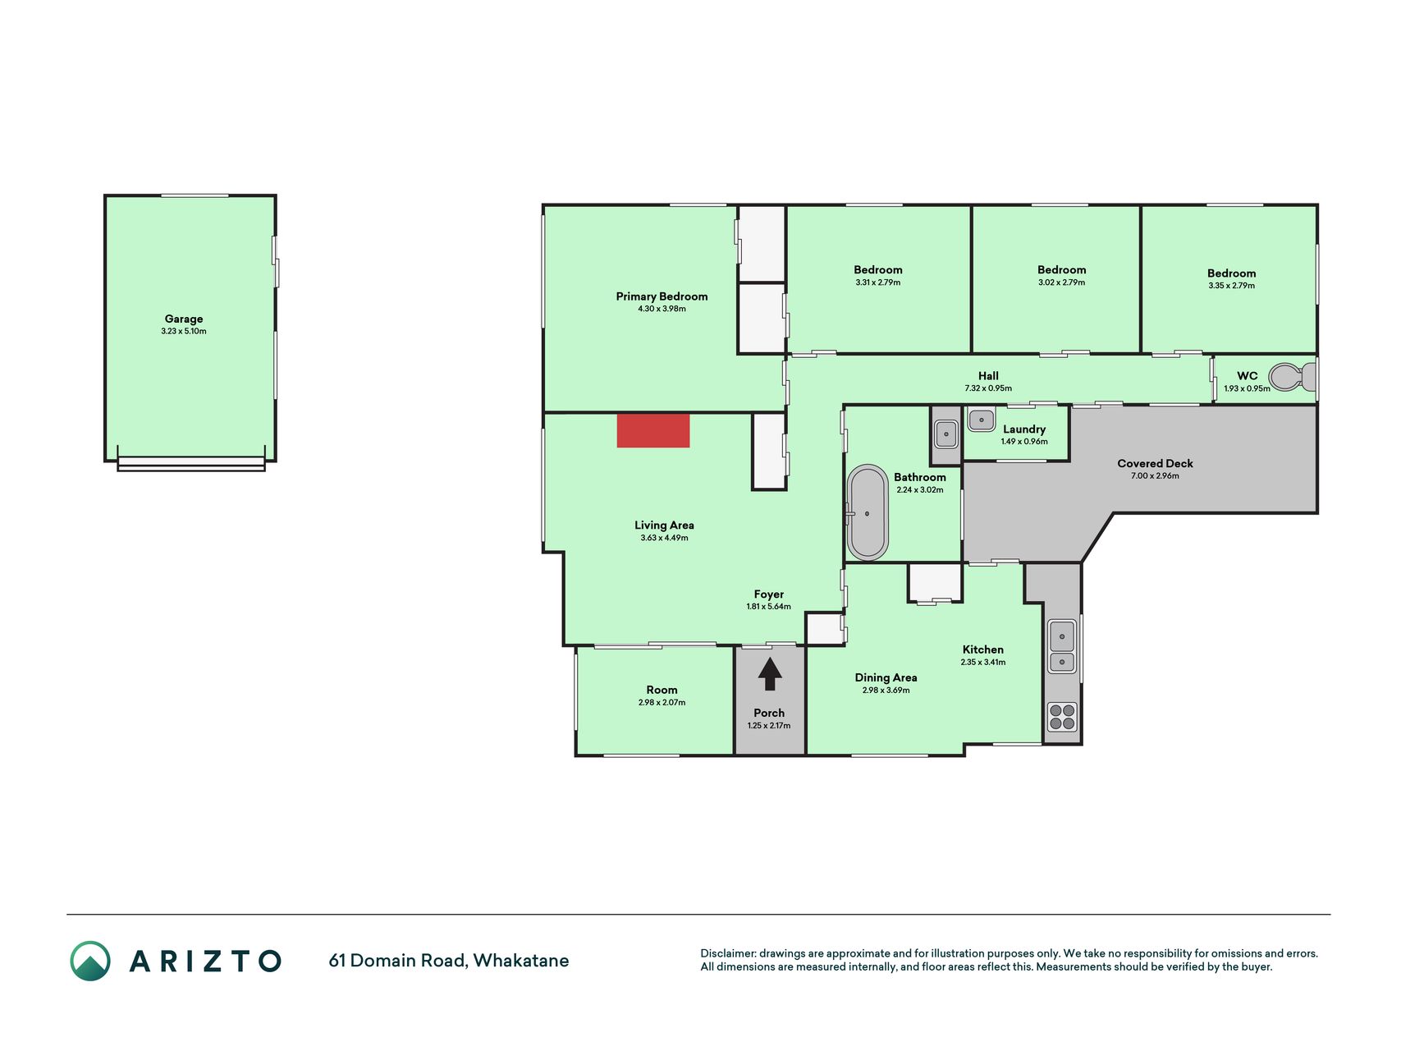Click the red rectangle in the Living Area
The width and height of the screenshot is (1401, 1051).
[x=653, y=431]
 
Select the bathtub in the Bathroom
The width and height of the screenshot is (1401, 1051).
[x=868, y=512]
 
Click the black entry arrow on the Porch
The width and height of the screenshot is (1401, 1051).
[x=769, y=673]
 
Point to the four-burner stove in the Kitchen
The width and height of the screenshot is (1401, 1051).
[x=1062, y=717]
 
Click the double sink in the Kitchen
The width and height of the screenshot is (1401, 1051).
[x=1062, y=647]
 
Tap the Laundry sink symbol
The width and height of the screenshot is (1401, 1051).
[x=981, y=420]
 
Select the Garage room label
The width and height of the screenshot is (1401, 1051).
[x=184, y=319]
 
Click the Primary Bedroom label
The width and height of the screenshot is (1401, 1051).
[x=662, y=296]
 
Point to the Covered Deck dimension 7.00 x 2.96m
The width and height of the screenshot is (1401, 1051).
[x=1155, y=476]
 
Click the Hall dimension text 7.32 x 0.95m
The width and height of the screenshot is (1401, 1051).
[x=988, y=388]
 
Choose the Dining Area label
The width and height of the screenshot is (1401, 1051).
[x=886, y=677]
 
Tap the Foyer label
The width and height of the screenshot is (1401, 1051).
[x=769, y=594]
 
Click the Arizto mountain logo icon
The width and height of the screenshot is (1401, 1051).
[x=89, y=961]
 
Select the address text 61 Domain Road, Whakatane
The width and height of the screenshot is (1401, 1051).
[x=448, y=961]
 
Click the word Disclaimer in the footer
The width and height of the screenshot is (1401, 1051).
[x=727, y=953]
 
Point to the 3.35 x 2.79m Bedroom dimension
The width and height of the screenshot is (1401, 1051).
[x=1231, y=286]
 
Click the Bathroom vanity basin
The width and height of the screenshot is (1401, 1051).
[x=946, y=434]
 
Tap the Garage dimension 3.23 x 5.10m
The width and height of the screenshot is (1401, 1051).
[x=184, y=332]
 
